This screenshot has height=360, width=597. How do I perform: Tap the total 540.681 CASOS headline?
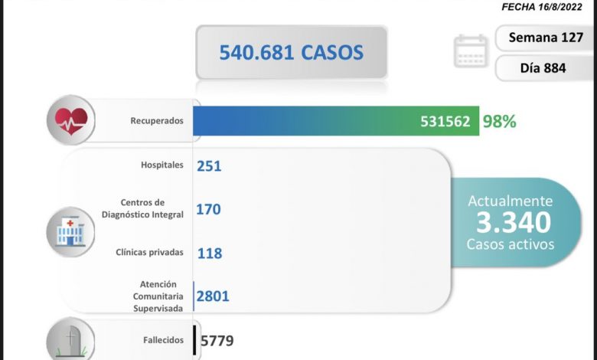292,52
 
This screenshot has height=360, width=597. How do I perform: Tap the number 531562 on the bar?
445,121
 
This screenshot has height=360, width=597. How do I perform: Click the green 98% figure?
498,121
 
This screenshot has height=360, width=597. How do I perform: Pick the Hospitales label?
161,165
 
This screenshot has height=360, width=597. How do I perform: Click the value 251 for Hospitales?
209,165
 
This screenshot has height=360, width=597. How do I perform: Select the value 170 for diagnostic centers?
209,208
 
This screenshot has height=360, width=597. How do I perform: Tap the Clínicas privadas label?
150,251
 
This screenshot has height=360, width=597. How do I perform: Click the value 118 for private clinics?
209,253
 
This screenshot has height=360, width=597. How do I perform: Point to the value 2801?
212,296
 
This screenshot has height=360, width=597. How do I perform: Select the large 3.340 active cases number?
513,223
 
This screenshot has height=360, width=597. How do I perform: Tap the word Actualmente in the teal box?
510,201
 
